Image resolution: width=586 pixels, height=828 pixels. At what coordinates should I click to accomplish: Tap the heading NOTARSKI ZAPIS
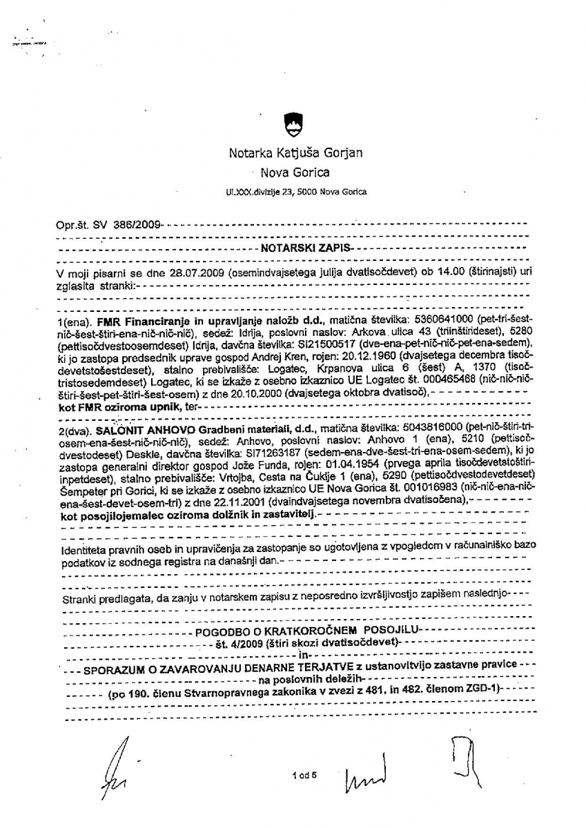click(304, 246)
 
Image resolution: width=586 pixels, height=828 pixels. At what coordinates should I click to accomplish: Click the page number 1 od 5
click(303, 774)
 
